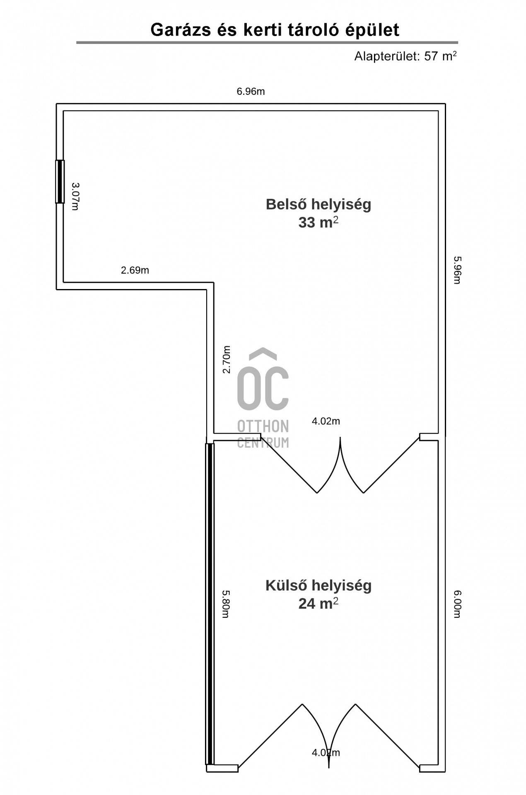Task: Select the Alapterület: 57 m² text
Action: coord(405,56)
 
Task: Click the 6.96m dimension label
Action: coord(251,92)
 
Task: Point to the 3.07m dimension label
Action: coord(75,196)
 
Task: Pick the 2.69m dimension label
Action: coord(135,270)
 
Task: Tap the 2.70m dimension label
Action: coord(226,359)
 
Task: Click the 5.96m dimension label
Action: coord(457,270)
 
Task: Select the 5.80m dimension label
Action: coord(225,604)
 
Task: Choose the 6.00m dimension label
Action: coord(457,604)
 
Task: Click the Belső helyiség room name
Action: coord(318,205)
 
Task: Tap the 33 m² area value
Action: coord(318,222)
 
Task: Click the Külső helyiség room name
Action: coord(318,585)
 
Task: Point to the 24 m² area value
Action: coord(318,604)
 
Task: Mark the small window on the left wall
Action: coord(60,181)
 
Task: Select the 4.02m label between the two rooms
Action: coord(326,421)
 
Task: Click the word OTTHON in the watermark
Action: coord(263,426)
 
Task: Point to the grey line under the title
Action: coord(267,43)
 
